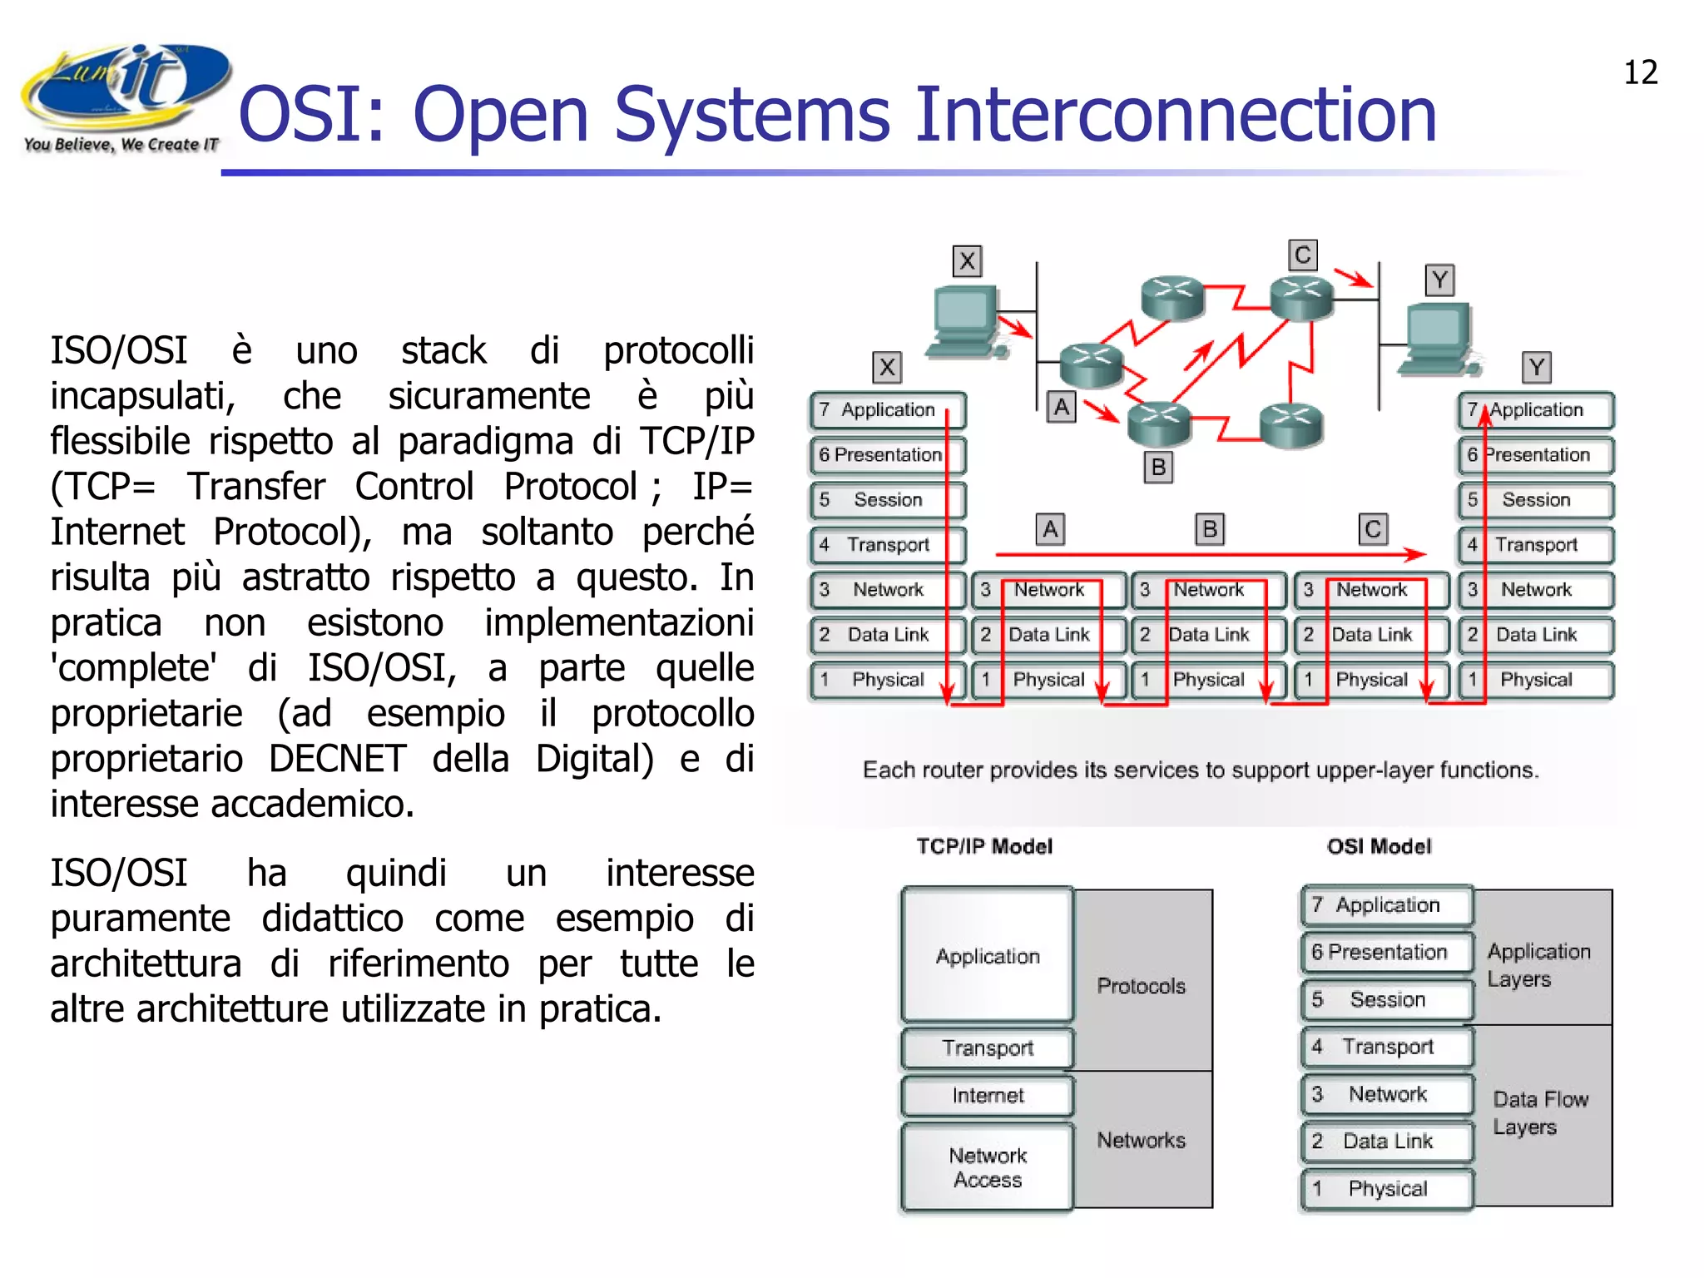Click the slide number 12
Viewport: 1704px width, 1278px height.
1640,72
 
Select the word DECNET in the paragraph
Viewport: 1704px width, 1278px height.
337,759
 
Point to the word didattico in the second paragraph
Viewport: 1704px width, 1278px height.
333,919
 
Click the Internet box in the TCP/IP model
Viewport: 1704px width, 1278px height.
988,1096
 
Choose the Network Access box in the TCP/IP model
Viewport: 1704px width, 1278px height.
988,1167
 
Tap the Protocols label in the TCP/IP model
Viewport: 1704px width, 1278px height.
1141,986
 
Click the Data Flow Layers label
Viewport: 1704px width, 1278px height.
1539,1113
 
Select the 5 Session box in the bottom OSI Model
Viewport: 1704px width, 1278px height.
1386,999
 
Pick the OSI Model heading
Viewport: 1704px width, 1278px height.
1379,847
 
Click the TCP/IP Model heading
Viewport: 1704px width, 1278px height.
984,847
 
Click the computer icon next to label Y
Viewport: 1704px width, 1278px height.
1438,340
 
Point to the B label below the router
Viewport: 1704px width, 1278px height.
1158,468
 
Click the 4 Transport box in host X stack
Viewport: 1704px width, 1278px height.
887,545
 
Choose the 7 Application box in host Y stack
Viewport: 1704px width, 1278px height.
1535,410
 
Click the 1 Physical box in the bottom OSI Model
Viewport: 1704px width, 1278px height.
1386,1189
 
